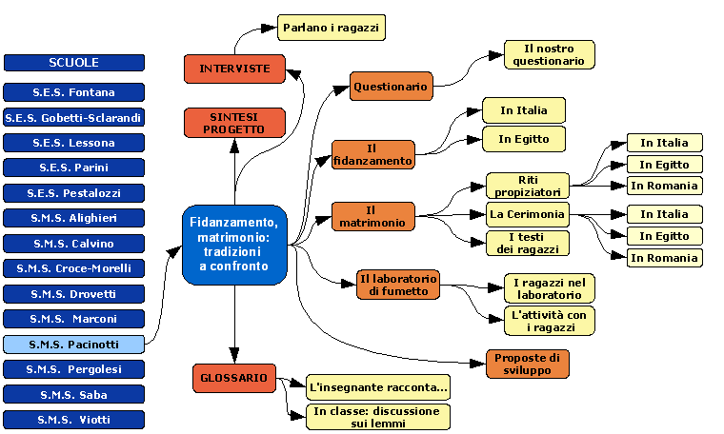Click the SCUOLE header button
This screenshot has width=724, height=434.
pos(73,63)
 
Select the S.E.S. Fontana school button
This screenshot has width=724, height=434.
pos(73,92)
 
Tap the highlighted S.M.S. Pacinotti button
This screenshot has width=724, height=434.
pos(73,344)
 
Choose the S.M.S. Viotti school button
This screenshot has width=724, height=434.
pos(73,419)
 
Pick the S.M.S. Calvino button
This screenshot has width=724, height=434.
pos(73,243)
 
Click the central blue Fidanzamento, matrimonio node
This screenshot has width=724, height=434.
pos(234,245)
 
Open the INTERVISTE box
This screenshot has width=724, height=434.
pos(234,69)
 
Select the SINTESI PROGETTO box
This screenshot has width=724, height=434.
pos(234,122)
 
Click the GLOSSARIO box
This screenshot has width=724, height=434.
pos(234,377)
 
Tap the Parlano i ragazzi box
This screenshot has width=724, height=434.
pos(331,29)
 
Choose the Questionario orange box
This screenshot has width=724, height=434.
pos(392,87)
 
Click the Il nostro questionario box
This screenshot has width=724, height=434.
pos(550,54)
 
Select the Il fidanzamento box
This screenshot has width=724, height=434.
pos(373,154)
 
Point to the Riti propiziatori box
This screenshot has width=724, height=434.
pos(528,186)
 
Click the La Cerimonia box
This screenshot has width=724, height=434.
pos(528,214)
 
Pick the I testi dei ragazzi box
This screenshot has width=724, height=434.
pos(528,243)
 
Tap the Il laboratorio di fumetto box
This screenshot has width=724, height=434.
pos(398,285)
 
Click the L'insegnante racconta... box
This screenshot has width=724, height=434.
pos(378,388)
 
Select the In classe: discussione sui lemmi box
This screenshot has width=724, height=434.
pos(378,417)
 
